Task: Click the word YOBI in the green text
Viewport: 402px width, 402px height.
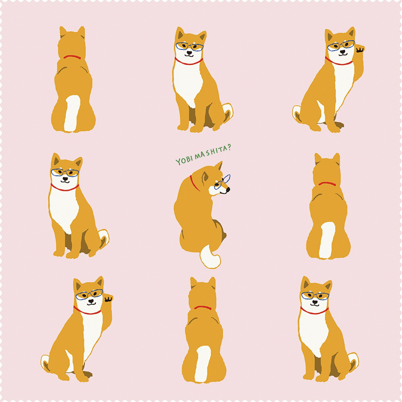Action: pyautogui.click(x=184, y=160)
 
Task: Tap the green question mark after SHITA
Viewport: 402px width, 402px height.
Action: pyautogui.click(x=229, y=148)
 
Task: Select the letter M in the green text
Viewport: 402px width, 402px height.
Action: pyautogui.click(x=198, y=155)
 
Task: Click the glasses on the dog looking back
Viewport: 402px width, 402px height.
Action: pyautogui.click(x=222, y=182)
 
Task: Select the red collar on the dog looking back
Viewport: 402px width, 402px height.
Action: pyautogui.click(x=194, y=183)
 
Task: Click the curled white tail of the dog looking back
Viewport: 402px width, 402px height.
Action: pyautogui.click(x=210, y=257)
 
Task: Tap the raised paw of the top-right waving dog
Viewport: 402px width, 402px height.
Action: pyautogui.click(x=360, y=49)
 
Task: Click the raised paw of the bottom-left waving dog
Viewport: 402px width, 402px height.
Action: pyautogui.click(x=109, y=299)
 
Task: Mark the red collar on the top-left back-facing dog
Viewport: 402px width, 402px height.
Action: pyautogui.click(x=72, y=57)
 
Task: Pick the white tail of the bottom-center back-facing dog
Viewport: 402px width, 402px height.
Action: pyautogui.click(x=203, y=364)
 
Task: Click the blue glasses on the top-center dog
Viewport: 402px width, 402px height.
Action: pyautogui.click(x=189, y=46)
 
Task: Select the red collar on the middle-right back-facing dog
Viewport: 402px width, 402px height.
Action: pyautogui.click(x=327, y=184)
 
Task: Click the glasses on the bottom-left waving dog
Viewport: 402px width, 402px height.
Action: pyautogui.click(x=89, y=294)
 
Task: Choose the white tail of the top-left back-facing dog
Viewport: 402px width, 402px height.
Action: pyautogui.click(x=72, y=113)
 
